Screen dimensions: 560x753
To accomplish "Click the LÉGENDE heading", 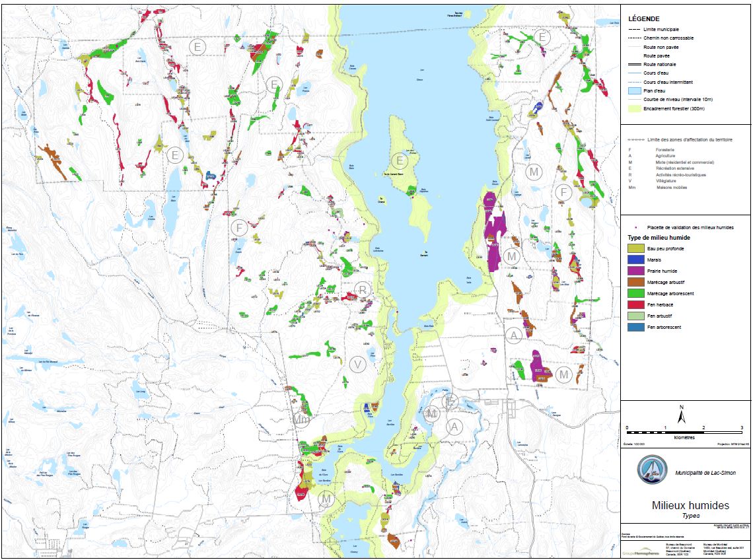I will pos(643,19).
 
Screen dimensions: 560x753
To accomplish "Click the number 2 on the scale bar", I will pos(703,428).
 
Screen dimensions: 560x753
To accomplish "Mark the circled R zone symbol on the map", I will pos(363,289).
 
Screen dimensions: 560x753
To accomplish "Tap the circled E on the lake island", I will pos(399,160).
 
